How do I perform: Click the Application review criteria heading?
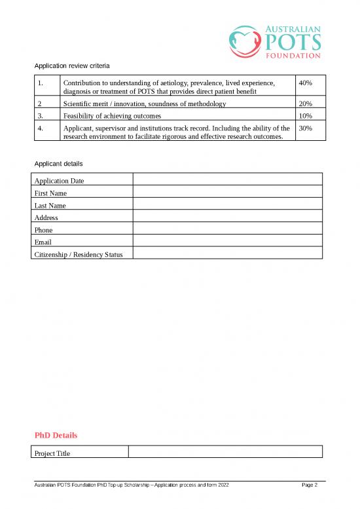[72, 66]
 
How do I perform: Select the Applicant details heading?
[58, 162]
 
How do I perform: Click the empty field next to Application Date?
[227, 180]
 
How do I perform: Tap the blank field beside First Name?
[227, 193]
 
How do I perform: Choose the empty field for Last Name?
[227, 205]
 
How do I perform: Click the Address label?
[46, 217]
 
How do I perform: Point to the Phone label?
[43, 230]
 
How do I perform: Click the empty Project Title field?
[225, 452]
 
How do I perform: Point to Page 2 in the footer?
[310, 485]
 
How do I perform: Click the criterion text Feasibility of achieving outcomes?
[112, 116]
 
